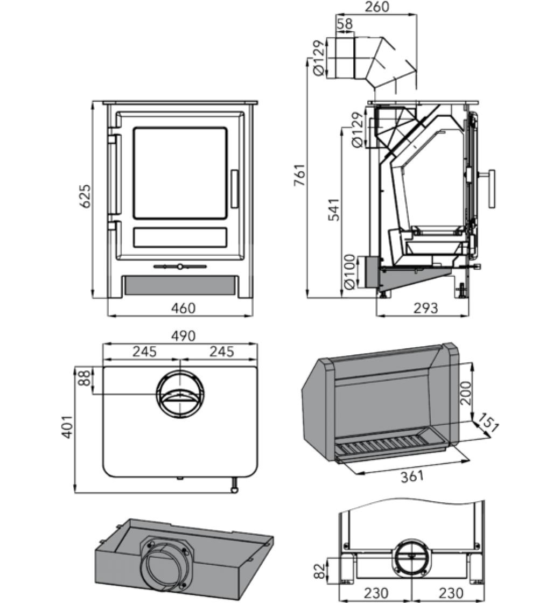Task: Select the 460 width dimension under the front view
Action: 183,308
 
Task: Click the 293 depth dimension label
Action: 426,308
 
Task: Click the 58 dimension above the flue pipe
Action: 345,24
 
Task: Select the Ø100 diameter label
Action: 349,272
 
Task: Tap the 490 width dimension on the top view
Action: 183,336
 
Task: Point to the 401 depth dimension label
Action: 67,426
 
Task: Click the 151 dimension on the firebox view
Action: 488,424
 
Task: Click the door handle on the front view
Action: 234,188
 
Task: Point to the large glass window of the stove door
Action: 180,173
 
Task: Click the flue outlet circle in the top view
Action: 180,395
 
